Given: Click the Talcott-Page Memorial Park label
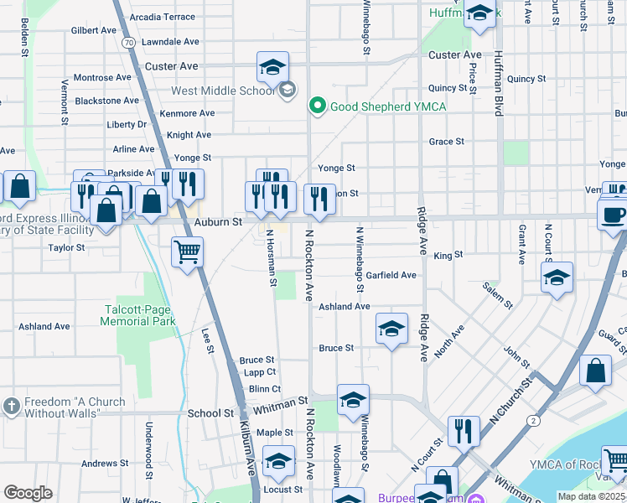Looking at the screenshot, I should click(x=139, y=315).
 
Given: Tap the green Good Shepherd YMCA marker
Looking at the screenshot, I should click(x=318, y=106).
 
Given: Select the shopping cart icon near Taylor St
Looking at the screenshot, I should click(x=187, y=251).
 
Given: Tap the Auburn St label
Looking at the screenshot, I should click(x=218, y=222).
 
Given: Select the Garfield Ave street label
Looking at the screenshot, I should click(x=391, y=275).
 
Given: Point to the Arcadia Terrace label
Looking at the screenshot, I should click(x=161, y=17).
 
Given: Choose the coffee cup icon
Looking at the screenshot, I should click(x=614, y=214).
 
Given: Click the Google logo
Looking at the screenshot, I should click(x=28, y=492).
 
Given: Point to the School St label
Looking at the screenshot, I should click(x=211, y=413).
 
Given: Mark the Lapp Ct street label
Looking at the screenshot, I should click(x=260, y=372).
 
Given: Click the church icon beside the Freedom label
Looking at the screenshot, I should click(x=11, y=407).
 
